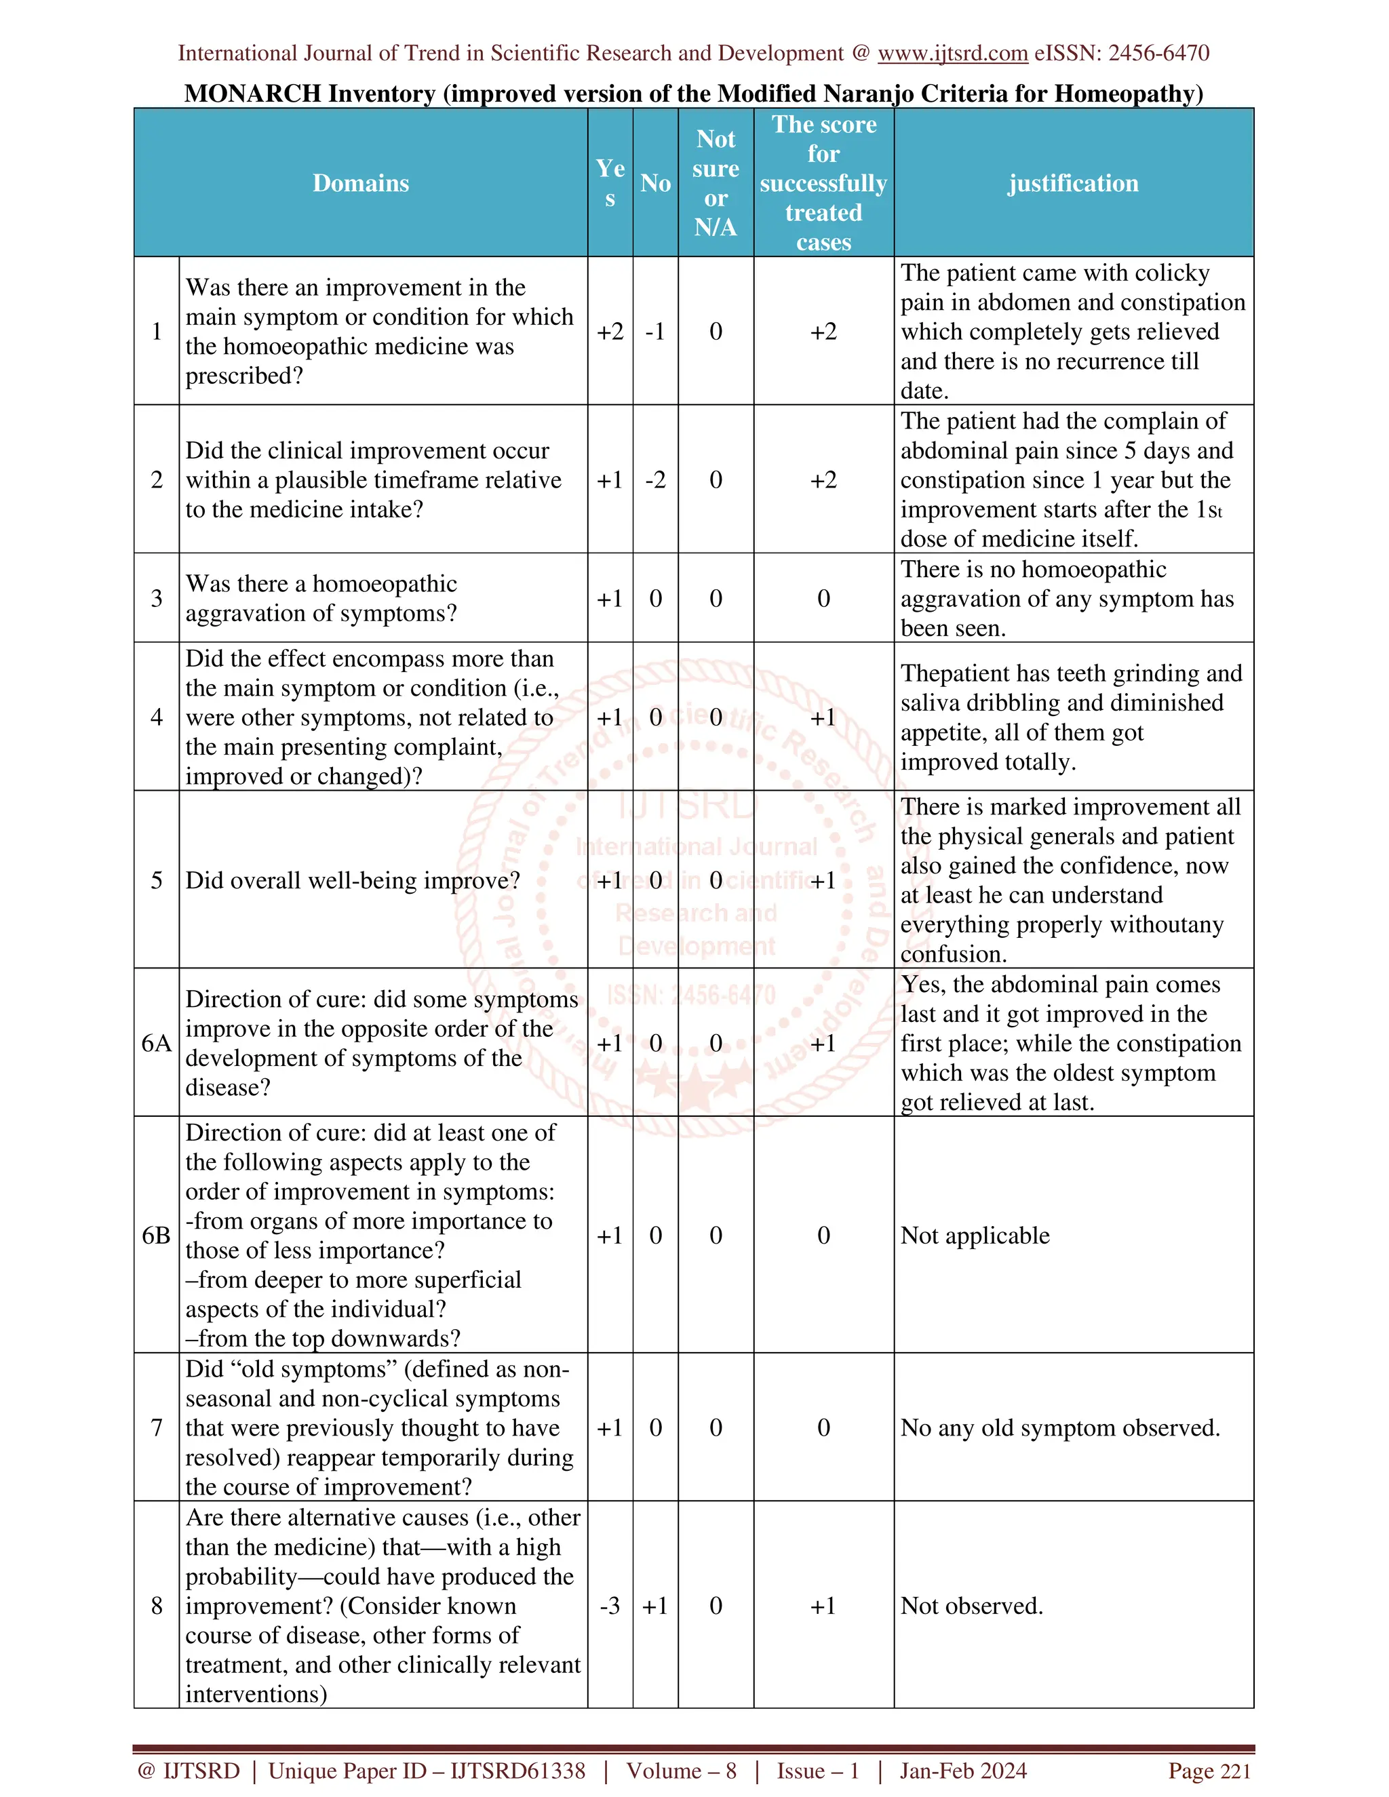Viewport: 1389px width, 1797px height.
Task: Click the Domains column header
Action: [x=360, y=182]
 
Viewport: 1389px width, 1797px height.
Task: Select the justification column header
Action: [x=1073, y=182]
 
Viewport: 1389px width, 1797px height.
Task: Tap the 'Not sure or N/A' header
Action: [x=715, y=182]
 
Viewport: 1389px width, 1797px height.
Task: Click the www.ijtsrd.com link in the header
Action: [x=952, y=54]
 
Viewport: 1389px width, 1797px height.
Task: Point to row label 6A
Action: [x=157, y=1044]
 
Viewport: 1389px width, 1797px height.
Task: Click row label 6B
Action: [x=157, y=1235]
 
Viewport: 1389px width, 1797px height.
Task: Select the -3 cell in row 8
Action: [x=610, y=1605]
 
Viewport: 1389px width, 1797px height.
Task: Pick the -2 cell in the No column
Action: [x=655, y=479]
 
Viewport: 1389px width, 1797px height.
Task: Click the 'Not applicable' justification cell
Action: [x=975, y=1235]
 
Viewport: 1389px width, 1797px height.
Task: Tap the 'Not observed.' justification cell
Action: [x=972, y=1605]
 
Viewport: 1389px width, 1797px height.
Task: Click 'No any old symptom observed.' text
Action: [x=1060, y=1427]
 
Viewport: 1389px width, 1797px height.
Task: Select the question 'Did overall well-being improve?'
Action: [x=352, y=880]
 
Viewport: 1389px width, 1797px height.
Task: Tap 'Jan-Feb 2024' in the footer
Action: [x=963, y=1771]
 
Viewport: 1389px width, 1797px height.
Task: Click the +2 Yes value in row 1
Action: [x=610, y=332]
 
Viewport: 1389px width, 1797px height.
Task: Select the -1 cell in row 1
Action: [x=655, y=332]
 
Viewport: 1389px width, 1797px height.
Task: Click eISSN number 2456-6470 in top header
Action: [x=1158, y=54]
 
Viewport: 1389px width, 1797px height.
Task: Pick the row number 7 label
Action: [x=157, y=1427]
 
